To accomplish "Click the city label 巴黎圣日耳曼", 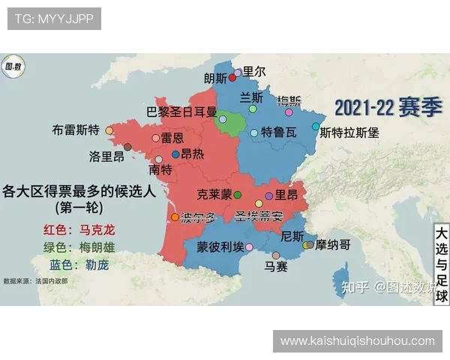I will click(181, 112).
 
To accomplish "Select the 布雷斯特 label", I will click(76, 129).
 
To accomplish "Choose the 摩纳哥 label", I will click(333, 244).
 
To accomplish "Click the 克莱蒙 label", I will click(214, 194).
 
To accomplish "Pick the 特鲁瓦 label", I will click(279, 133).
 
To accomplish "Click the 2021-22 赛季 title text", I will click(388, 107).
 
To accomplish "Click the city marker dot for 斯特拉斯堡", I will click(316, 127).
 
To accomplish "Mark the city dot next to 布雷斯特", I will click(109, 130).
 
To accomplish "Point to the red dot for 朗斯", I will click(232, 77).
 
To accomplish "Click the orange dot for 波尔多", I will click(175, 217).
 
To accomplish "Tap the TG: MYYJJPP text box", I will click(54, 19).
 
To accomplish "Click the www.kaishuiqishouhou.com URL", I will click(357, 341).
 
